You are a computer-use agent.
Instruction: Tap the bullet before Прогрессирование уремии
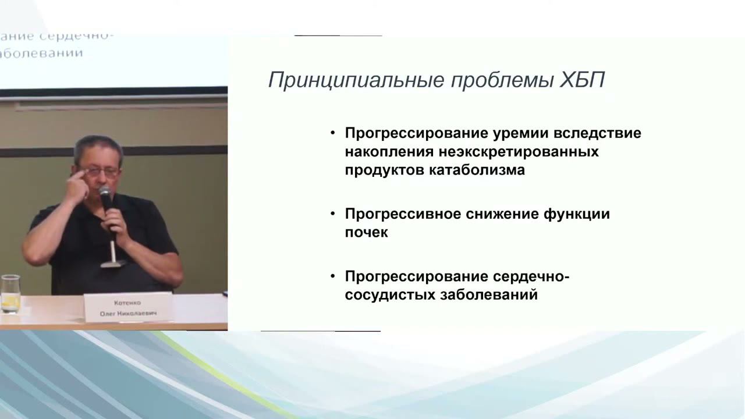tap(333, 133)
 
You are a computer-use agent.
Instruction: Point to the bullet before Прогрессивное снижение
tap(333, 214)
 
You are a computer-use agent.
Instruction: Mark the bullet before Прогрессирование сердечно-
tap(333, 276)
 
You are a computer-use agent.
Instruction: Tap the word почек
tap(366, 232)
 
